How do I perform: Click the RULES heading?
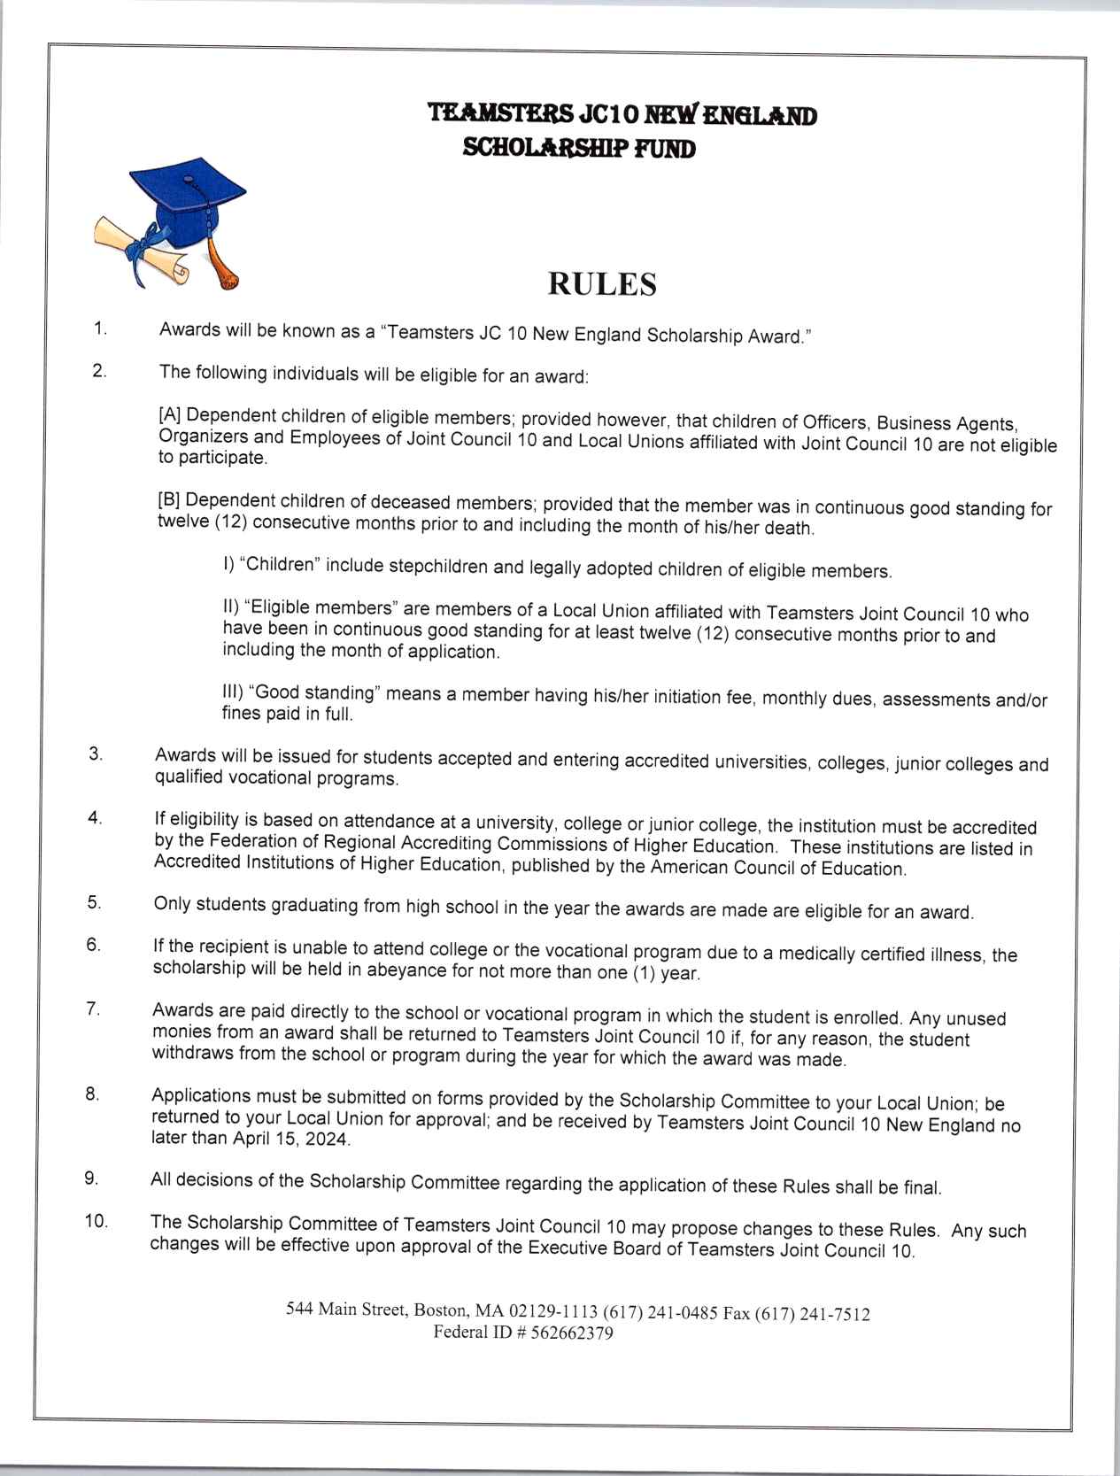coord(602,284)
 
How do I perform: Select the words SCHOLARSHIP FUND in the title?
coord(579,148)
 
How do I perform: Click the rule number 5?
coord(93,902)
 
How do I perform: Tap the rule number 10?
coord(96,1221)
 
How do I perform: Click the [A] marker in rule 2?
coord(170,414)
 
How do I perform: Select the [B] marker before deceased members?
coord(169,499)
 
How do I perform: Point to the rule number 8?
coord(92,1093)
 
